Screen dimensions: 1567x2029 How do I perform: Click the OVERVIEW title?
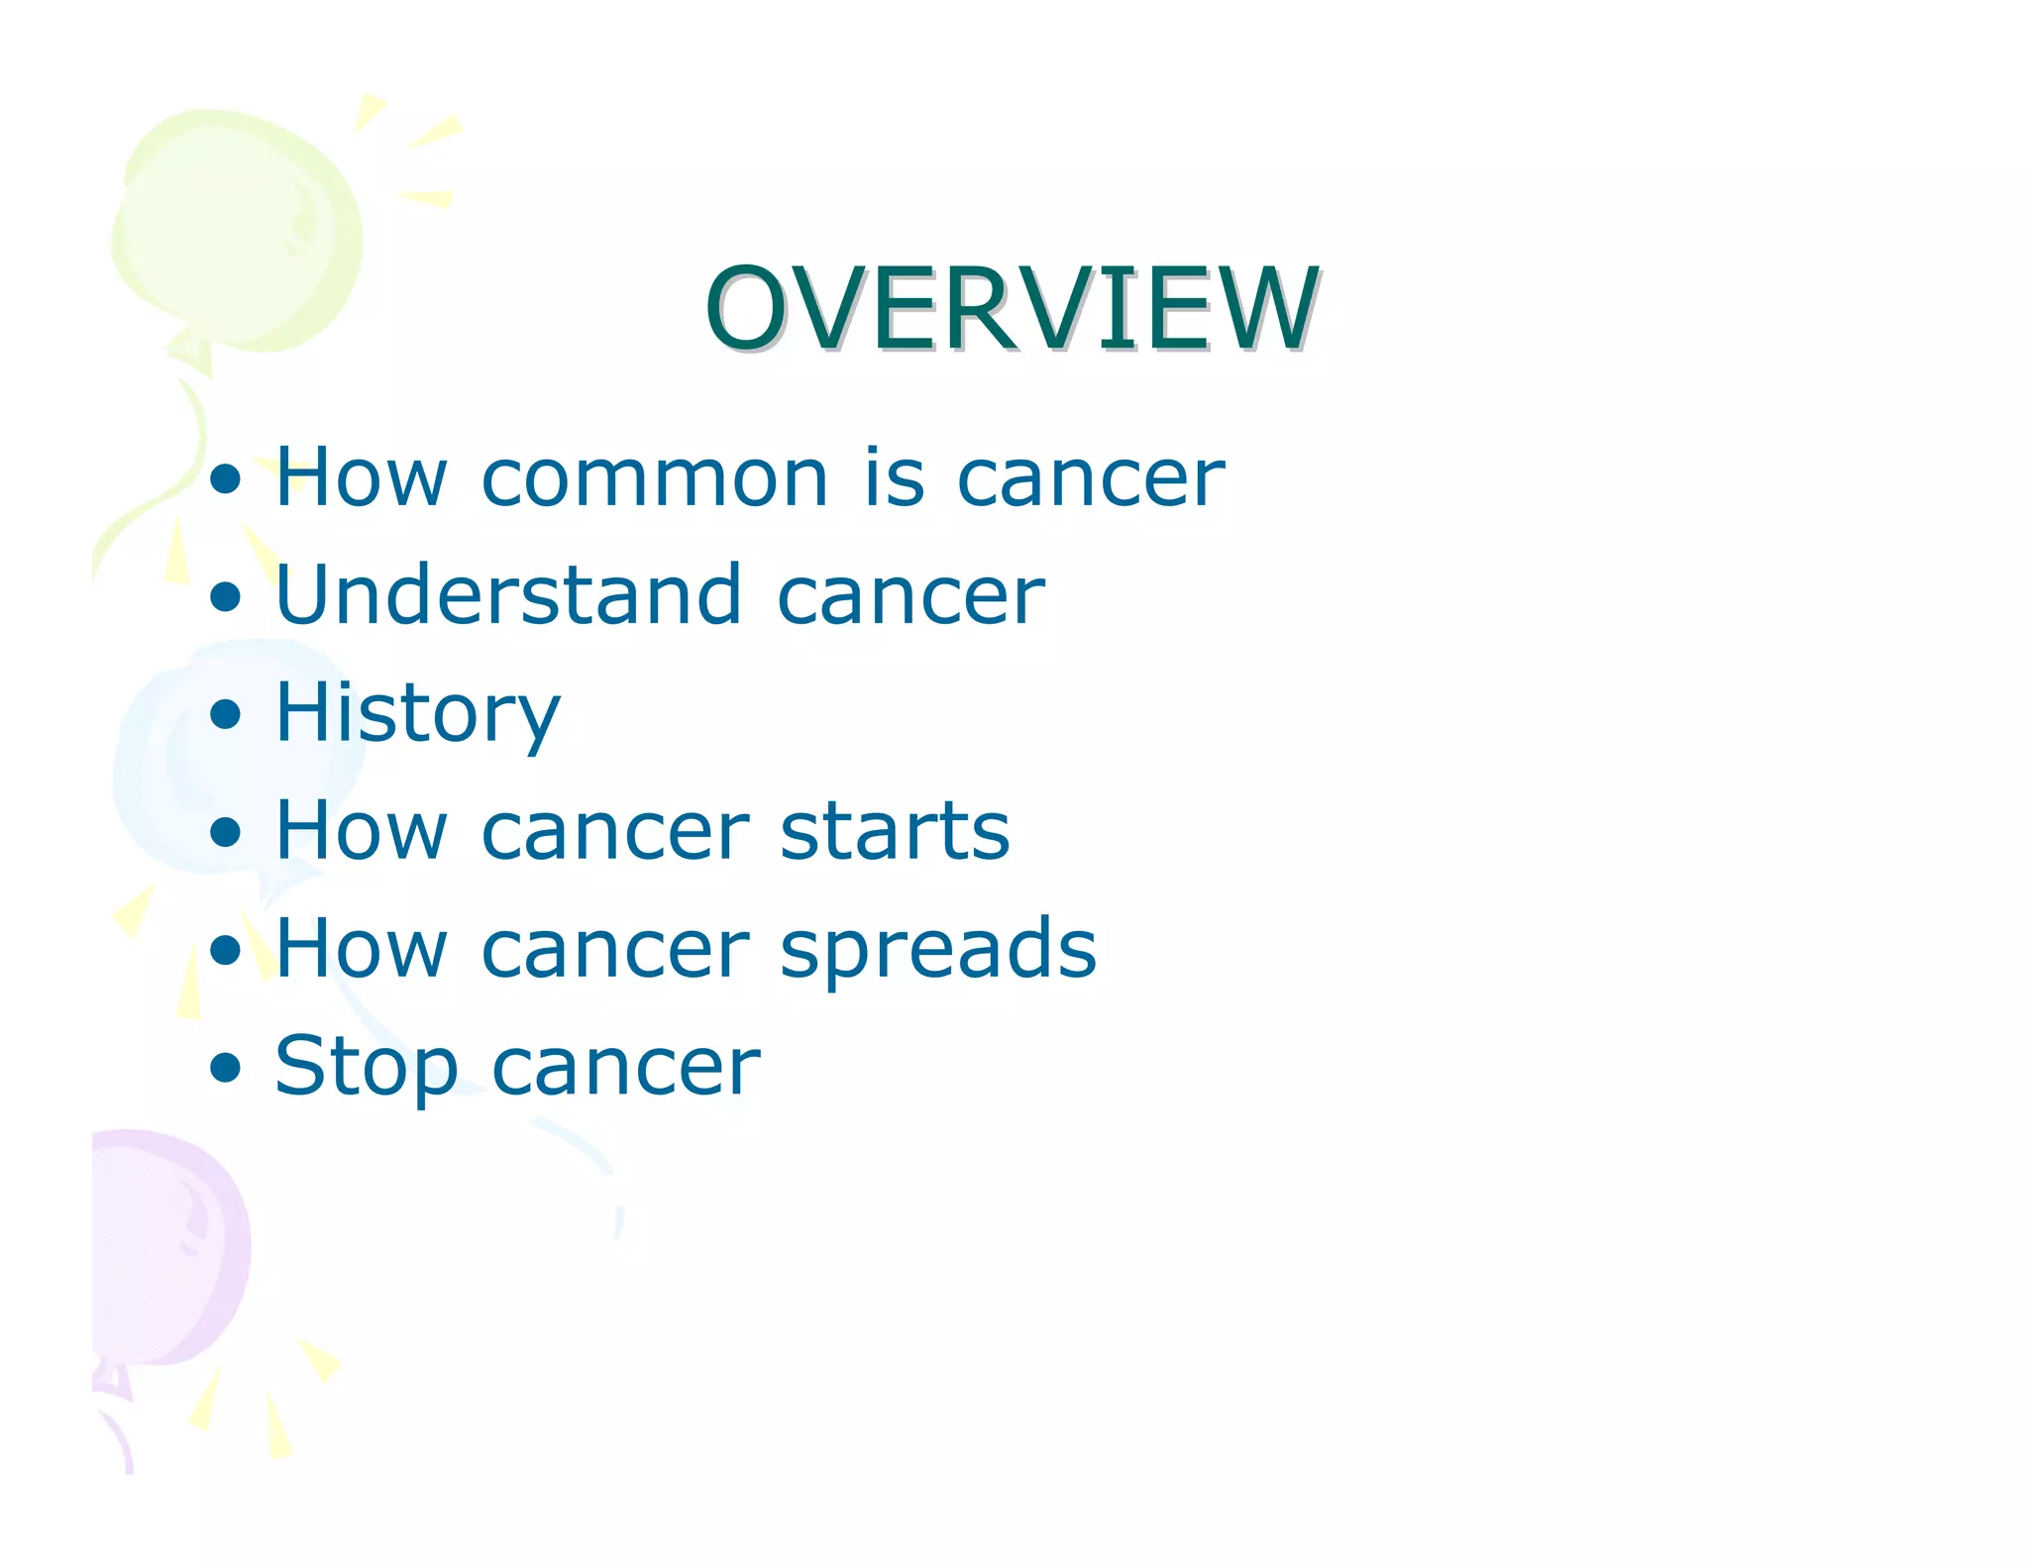pos(1012,309)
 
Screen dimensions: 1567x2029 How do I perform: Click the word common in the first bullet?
pos(654,479)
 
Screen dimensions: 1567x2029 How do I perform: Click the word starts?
pos(894,831)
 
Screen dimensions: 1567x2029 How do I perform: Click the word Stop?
pos(366,1068)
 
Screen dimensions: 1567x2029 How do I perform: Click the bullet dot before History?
pos(226,714)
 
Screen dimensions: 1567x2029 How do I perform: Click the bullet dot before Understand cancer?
pos(226,596)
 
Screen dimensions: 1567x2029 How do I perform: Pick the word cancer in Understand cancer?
pos(910,597)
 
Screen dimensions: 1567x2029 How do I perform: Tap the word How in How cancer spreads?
pos(361,949)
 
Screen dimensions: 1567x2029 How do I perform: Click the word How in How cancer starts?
pos(361,831)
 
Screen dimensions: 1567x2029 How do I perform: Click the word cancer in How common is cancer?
pos(1090,479)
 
